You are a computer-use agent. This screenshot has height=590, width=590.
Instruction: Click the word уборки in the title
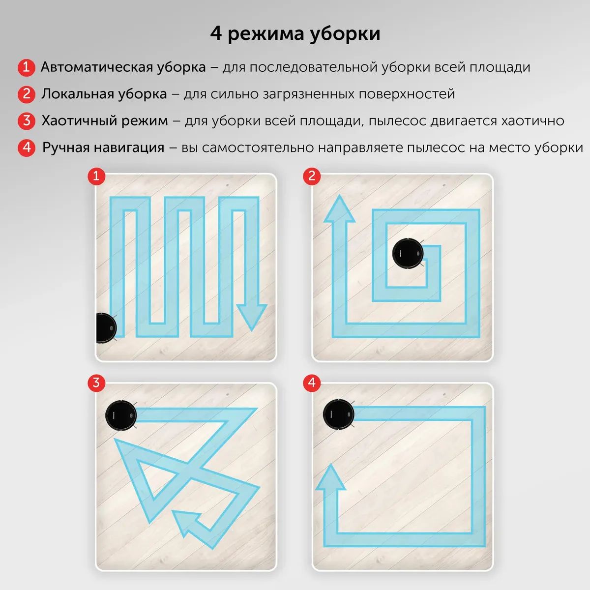pyautogui.click(x=345, y=34)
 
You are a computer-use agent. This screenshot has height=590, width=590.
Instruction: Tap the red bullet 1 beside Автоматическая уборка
pyautogui.click(x=26, y=67)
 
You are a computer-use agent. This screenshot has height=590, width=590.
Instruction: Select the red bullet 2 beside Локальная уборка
pyautogui.click(x=27, y=94)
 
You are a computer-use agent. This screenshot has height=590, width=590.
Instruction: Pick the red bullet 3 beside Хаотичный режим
pyautogui.click(x=27, y=120)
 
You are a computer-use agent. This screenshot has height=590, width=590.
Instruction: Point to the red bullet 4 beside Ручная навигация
pyautogui.click(x=27, y=147)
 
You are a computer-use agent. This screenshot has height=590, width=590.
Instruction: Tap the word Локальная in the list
pyautogui.click(x=78, y=94)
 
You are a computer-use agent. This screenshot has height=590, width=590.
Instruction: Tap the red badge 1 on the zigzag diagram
pyautogui.click(x=96, y=176)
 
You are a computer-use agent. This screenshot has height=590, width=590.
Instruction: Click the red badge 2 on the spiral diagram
pyautogui.click(x=312, y=176)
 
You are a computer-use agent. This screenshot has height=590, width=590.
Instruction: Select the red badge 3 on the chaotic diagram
pyautogui.click(x=96, y=383)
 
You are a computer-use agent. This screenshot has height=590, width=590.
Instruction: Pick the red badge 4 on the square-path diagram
pyautogui.click(x=312, y=383)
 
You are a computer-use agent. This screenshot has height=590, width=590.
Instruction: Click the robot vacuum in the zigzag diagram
pyautogui.click(x=106, y=328)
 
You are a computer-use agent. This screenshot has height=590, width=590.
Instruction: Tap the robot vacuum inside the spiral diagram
pyautogui.click(x=408, y=254)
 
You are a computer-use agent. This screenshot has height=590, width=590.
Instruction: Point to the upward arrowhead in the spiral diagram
pyautogui.click(x=339, y=209)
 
